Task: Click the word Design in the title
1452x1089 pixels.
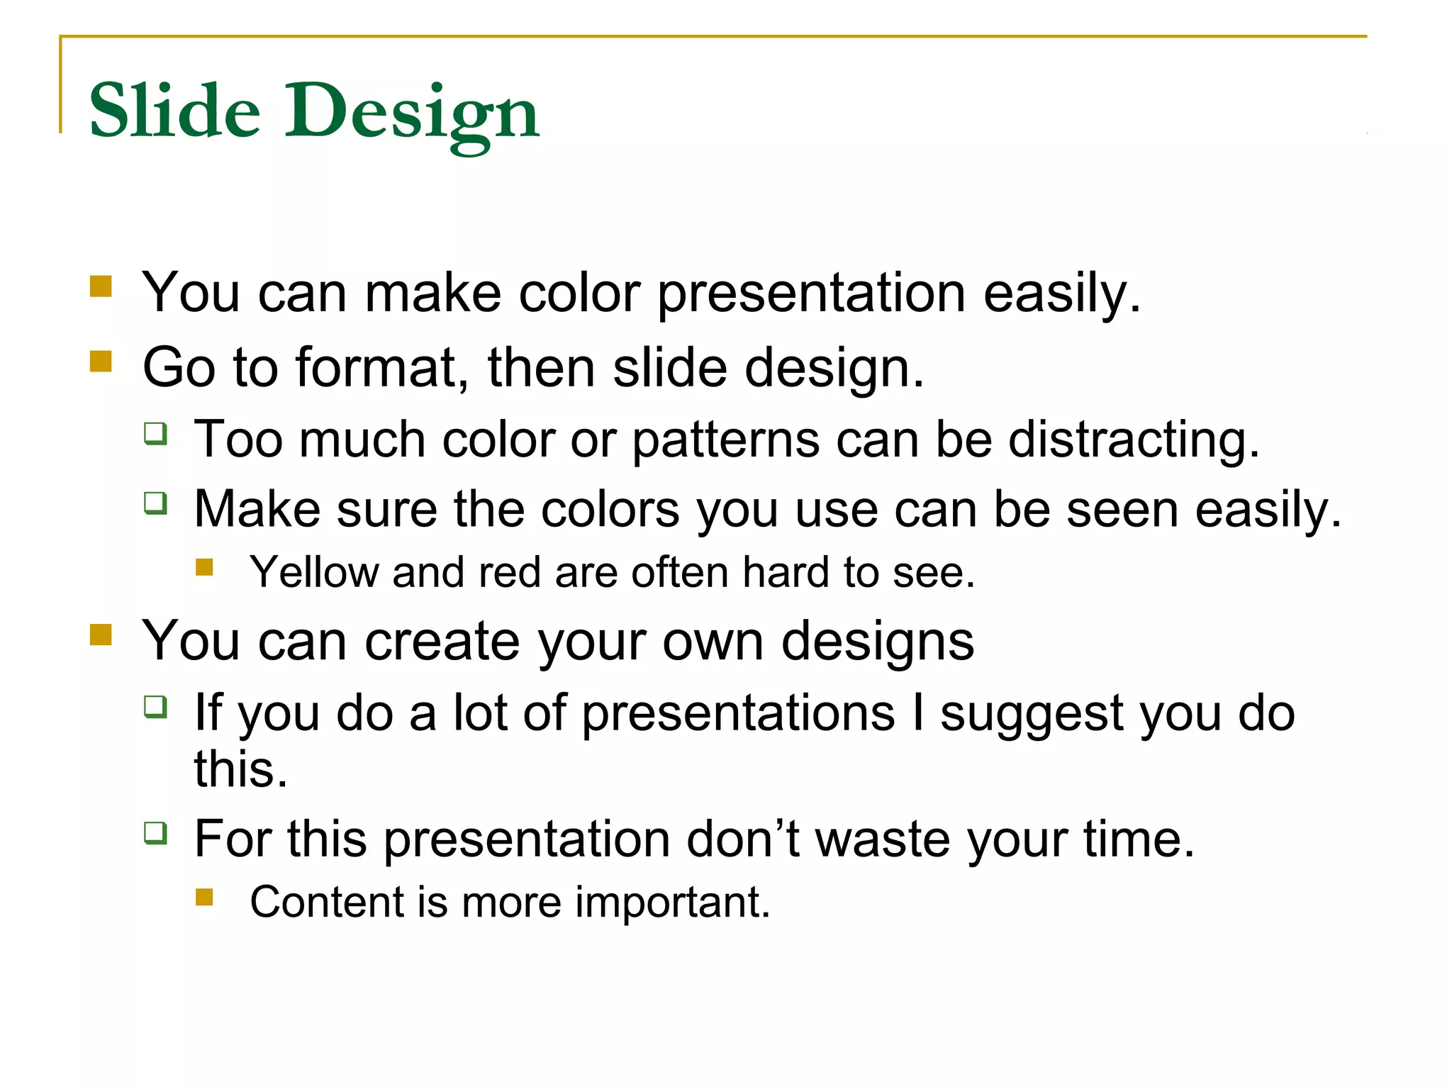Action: pyautogui.click(x=412, y=113)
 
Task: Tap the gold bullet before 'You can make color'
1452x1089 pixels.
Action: pyautogui.click(x=101, y=286)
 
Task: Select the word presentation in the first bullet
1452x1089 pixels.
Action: pyautogui.click(x=811, y=294)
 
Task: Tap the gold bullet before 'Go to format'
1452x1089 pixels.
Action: pyautogui.click(x=101, y=362)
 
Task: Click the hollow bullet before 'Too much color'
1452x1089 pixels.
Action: pyautogui.click(x=156, y=432)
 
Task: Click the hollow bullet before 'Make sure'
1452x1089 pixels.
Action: pyautogui.click(x=156, y=503)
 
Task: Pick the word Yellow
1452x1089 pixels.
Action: pyautogui.click(x=314, y=572)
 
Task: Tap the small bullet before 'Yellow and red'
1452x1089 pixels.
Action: pyautogui.click(x=205, y=566)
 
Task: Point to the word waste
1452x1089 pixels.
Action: pyautogui.click(x=883, y=839)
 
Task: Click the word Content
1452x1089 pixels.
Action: pyautogui.click(x=326, y=902)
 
